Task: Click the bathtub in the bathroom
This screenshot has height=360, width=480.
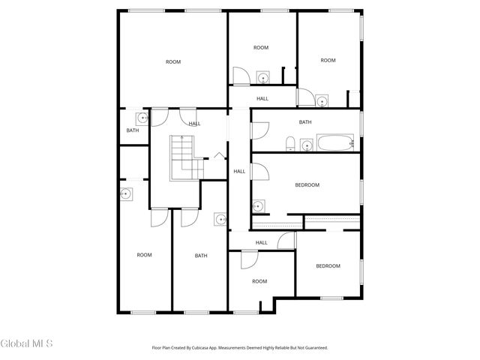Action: click(334, 142)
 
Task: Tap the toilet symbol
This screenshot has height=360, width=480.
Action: click(289, 142)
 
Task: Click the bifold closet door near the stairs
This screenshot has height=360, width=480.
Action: click(218, 155)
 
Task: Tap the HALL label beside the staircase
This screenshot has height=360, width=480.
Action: click(194, 124)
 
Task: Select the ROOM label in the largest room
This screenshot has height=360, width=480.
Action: click(173, 62)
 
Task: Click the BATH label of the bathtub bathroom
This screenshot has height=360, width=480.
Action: click(305, 122)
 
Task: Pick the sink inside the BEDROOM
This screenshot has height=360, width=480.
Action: click(258, 205)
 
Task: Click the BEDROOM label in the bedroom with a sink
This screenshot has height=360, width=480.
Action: click(307, 185)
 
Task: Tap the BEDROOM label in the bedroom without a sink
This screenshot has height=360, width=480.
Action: click(328, 266)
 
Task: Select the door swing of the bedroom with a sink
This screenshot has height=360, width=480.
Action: click(259, 172)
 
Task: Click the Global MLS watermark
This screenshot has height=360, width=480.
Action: click(27, 344)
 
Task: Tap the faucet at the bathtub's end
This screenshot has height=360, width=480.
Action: click(351, 142)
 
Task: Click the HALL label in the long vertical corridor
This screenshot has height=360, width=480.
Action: click(239, 172)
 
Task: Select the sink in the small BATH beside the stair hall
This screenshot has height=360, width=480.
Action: click(141, 118)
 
